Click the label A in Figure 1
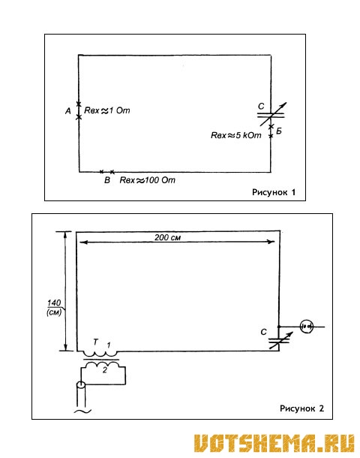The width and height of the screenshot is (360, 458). click(x=68, y=111)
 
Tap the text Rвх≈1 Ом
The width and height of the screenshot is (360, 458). click(x=107, y=110)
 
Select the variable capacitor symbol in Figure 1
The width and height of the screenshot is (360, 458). click(x=271, y=114)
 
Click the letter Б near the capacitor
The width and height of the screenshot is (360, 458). click(x=279, y=131)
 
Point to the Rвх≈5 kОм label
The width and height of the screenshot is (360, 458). click(x=236, y=135)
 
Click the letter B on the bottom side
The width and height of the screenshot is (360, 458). click(x=107, y=180)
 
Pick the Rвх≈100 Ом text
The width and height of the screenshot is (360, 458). click(x=148, y=180)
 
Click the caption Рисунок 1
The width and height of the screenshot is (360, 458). click(x=274, y=192)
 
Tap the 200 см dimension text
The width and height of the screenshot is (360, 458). click(x=168, y=237)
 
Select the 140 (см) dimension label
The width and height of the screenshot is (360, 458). click(x=54, y=308)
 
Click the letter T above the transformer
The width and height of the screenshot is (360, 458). click(x=95, y=342)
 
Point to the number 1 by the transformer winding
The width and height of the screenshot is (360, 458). click(x=109, y=345)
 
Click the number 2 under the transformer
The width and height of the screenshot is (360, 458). click(x=104, y=370)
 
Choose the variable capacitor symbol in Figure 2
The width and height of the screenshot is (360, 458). click(x=280, y=339)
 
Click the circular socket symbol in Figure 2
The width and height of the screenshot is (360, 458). click(x=307, y=327)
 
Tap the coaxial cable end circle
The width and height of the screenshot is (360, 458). click(x=81, y=385)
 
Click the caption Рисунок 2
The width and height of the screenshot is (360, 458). click(x=302, y=408)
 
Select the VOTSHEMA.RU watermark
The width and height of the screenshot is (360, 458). click(x=274, y=443)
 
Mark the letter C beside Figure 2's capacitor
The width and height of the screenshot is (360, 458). click(x=264, y=332)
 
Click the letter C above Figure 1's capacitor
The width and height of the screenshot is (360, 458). click(x=262, y=107)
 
